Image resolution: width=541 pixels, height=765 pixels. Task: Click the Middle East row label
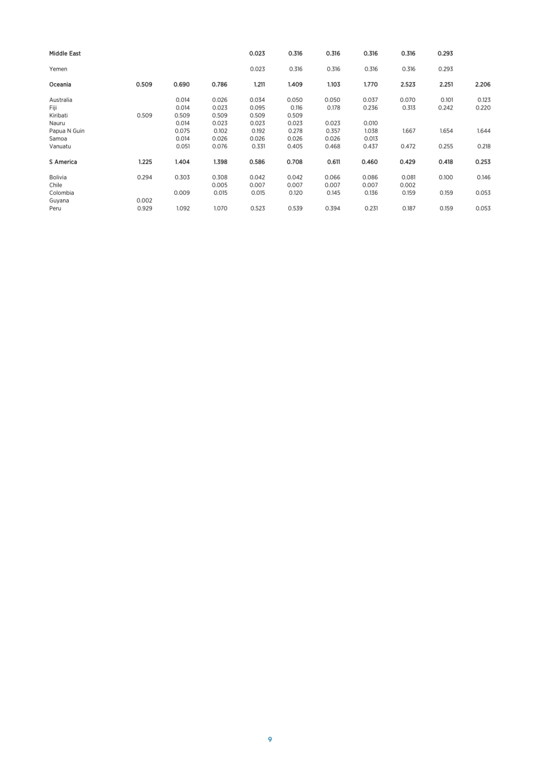[x=65, y=54]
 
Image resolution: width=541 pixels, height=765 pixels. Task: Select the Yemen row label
[x=58, y=69]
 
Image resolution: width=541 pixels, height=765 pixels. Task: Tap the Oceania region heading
[x=60, y=85]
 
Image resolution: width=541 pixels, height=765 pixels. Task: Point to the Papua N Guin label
[x=67, y=131]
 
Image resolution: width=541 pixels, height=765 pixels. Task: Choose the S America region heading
[x=63, y=162]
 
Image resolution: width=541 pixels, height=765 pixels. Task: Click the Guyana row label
[x=59, y=201]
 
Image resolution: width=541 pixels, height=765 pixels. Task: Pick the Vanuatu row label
[x=60, y=147]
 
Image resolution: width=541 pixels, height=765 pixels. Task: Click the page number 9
[x=270, y=739]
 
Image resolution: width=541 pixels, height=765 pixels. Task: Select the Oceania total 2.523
[x=408, y=85]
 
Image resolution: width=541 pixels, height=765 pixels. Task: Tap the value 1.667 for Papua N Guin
[x=408, y=131]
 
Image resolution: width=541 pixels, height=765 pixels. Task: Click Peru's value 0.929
[x=144, y=208]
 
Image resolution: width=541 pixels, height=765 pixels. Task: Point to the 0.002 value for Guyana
[x=144, y=201]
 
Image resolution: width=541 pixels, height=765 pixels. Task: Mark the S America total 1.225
[x=145, y=162]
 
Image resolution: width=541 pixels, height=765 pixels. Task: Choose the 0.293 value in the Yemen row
[x=445, y=69]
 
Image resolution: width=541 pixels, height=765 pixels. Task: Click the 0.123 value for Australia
[x=483, y=100]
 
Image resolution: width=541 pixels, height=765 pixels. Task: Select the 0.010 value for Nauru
[x=371, y=123]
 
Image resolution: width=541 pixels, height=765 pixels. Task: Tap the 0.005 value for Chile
[x=219, y=185]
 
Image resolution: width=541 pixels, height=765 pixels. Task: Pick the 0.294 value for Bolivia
[x=144, y=178]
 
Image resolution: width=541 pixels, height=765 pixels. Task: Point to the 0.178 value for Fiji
[x=333, y=108]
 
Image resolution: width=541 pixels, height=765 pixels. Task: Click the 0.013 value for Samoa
[x=371, y=139]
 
